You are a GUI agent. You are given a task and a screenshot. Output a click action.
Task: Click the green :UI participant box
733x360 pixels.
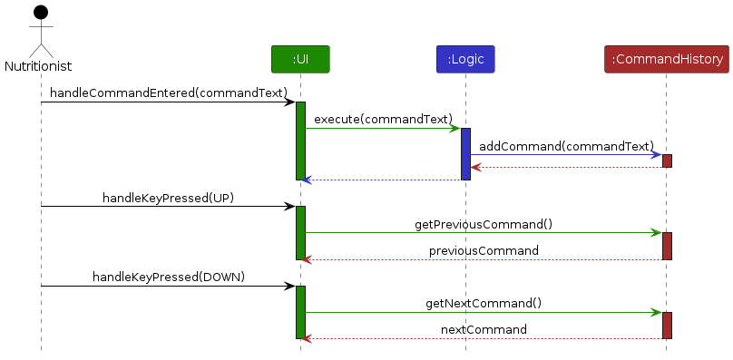point(300,59)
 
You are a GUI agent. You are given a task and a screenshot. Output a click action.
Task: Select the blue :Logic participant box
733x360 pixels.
point(464,59)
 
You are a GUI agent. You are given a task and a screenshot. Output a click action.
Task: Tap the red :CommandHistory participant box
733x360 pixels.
point(667,59)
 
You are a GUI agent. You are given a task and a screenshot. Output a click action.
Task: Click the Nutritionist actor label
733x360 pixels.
point(38,66)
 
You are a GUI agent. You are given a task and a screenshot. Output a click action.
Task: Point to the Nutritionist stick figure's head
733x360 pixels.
point(40,14)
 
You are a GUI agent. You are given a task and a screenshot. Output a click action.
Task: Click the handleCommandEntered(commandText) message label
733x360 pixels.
point(169,92)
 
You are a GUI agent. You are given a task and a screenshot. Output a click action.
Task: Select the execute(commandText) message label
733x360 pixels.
point(383,119)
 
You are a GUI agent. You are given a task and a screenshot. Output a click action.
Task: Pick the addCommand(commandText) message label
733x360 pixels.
point(566,145)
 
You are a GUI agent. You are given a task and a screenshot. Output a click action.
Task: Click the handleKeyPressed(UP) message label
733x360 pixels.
point(168,198)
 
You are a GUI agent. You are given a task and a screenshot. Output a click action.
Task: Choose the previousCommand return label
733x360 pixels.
point(484,250)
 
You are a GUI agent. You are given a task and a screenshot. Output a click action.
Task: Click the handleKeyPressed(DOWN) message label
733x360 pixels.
point(169,277)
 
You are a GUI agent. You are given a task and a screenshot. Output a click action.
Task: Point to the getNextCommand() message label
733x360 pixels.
point(484,303)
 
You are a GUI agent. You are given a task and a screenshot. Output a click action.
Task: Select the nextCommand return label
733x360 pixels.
point(484,329)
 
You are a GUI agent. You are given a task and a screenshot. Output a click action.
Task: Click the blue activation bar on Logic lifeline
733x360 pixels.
point(465,153)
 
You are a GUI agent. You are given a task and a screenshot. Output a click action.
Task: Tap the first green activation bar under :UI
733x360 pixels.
point(300,141)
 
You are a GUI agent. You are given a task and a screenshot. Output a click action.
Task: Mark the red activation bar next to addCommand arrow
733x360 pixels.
point(667,161)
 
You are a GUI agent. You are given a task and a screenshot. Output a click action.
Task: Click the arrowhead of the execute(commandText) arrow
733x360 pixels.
point(455,128)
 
